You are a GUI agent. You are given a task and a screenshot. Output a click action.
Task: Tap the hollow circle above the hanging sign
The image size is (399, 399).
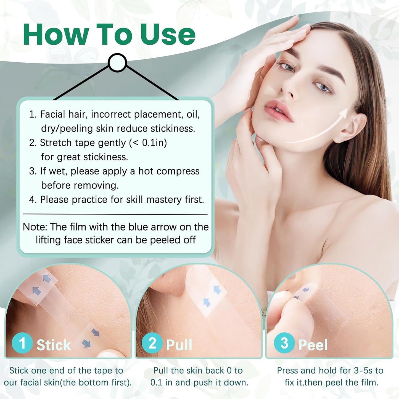[x=117, y=63]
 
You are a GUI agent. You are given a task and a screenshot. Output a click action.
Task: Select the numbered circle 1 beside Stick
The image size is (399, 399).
[x=22, y=343]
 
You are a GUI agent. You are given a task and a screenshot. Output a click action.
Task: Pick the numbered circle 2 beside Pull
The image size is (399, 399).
[x=152, y=343]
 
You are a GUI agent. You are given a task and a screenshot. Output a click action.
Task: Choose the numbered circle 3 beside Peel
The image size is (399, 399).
[x=284, y=343]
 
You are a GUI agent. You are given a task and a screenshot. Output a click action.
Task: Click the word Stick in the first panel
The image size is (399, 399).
[x=54, y=345]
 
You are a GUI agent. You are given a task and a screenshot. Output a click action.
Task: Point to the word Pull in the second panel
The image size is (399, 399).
[x=179, y=345]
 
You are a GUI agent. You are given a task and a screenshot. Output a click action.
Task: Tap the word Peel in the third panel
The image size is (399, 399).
[x=313, y=345]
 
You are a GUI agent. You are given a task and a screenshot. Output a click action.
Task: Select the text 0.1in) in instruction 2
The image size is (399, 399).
[x=154, y=143]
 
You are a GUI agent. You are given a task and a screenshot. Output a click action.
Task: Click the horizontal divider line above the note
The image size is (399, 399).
[x=115, y=214]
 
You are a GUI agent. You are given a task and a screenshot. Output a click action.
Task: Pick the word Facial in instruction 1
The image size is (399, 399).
[x=52, y=114]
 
